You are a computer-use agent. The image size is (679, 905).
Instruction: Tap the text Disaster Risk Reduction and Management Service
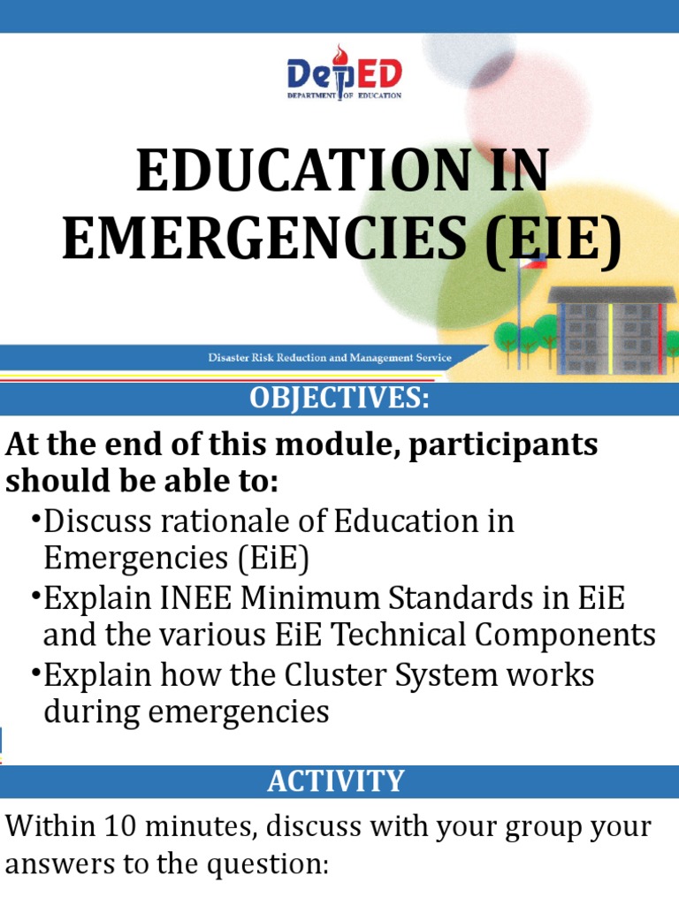pos(330,358)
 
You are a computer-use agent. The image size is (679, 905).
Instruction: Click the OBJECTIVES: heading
pos(339,399)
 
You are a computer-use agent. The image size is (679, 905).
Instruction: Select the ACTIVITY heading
pos(336,781)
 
